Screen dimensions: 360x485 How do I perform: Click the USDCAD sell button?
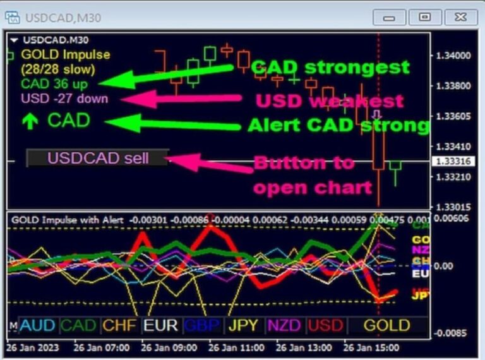98,157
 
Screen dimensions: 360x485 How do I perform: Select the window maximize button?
425,17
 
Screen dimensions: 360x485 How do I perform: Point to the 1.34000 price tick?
453,56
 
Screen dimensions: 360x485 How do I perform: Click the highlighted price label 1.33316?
452,162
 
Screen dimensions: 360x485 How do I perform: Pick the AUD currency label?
37,325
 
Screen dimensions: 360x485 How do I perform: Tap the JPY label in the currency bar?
243,325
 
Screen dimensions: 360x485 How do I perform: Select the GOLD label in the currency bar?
387,325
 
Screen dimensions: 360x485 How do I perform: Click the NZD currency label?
284,325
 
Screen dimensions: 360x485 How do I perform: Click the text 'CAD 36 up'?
54,83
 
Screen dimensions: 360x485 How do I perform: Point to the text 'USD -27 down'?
64,99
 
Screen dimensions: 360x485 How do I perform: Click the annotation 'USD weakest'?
328,101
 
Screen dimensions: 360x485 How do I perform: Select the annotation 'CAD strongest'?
330,67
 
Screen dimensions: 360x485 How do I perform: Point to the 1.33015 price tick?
453,207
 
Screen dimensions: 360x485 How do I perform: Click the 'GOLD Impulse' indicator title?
65,55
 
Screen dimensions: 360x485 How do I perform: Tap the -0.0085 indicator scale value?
452,333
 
